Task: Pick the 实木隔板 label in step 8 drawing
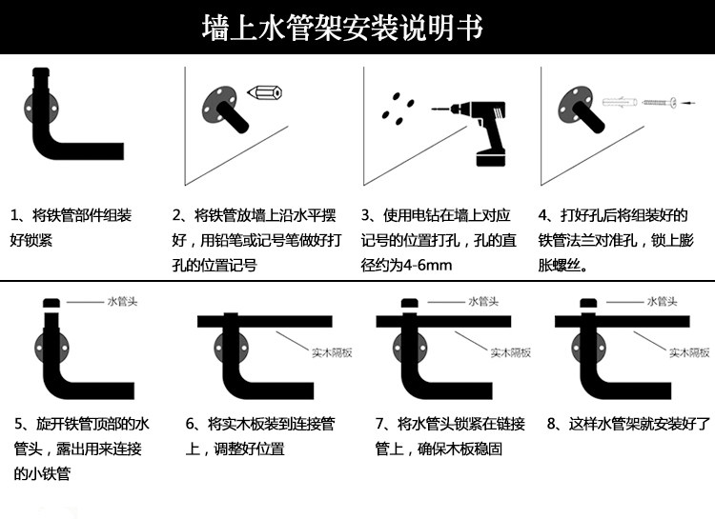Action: point(688,352)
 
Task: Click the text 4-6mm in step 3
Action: point(424,265)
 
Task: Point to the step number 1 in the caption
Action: point(15,215)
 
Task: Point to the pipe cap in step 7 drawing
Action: point(411,304)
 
